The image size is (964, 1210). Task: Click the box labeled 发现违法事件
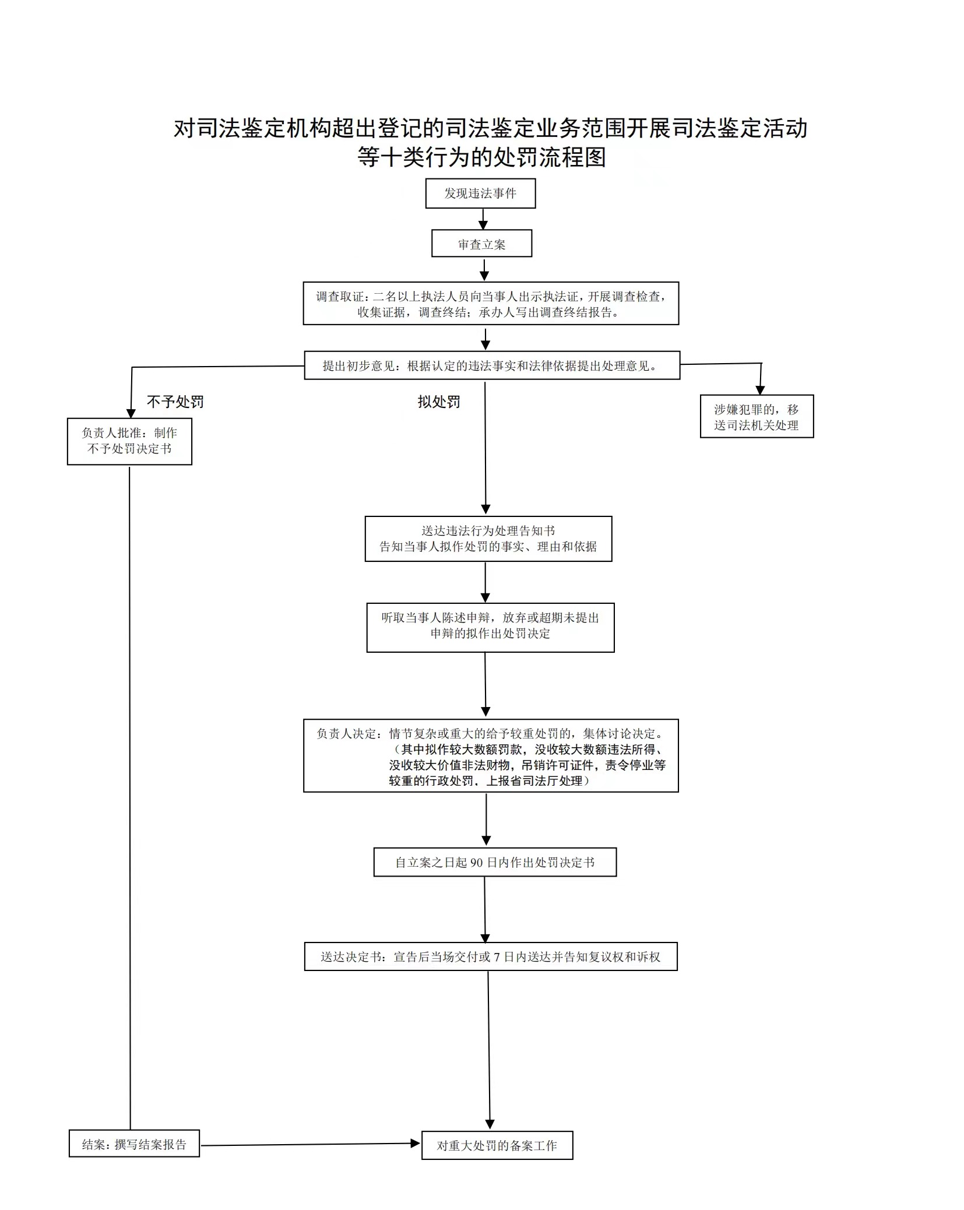480,194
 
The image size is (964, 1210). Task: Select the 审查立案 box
481,244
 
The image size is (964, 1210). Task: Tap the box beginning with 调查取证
491,304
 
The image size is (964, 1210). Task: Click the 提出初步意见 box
492,365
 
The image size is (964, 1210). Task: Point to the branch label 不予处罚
175,402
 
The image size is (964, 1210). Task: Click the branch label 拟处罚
439,402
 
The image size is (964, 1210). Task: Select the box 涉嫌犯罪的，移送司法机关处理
757,417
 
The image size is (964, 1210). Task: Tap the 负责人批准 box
129,441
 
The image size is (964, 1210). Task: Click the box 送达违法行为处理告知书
488,539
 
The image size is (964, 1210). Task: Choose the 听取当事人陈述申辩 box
490,627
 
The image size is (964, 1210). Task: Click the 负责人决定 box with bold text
491,755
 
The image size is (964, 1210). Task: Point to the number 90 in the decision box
476,863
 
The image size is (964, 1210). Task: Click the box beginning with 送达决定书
491,956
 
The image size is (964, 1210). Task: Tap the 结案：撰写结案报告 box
134,1144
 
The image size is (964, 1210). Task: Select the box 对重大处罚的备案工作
497,1145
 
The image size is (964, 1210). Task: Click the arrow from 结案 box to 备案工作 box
310,1144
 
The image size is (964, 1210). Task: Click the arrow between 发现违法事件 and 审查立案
483,219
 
